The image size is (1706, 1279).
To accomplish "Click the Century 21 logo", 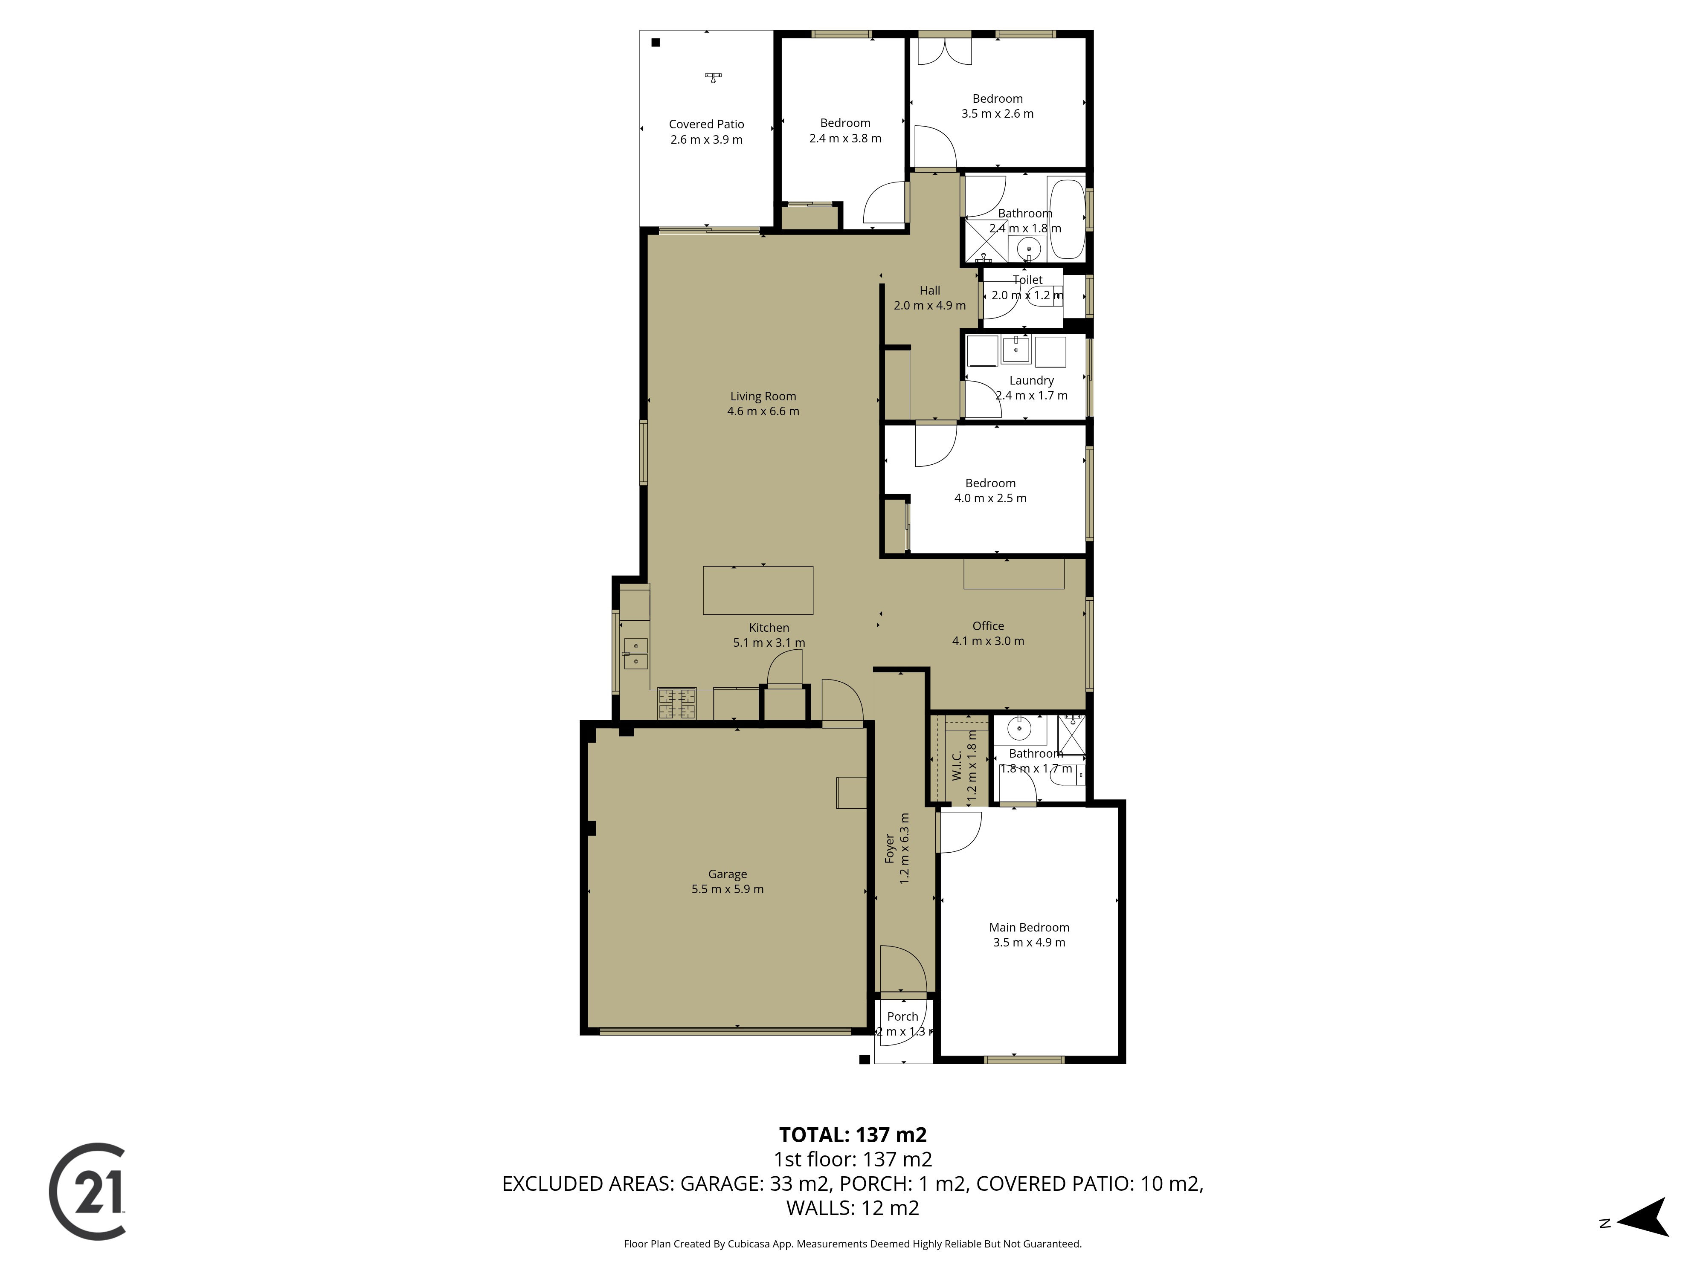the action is click(87, 1192).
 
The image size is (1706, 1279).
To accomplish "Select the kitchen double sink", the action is click(635, 653).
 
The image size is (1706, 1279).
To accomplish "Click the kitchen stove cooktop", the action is click(676, 703).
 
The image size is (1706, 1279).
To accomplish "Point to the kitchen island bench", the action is click(757, 590).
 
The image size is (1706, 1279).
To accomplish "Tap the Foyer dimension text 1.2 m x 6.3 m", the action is click(905, 848).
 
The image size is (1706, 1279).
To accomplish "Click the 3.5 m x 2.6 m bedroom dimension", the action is click(997, 113).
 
